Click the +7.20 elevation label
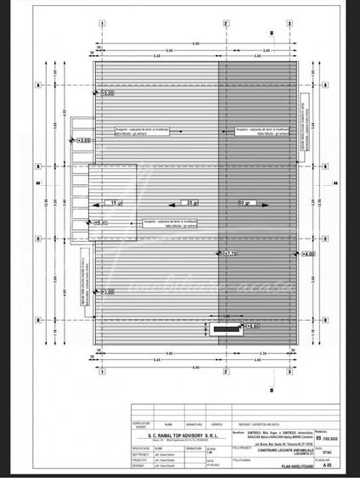[230, 254]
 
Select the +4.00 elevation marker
[307, 254]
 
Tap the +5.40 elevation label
[101, 222]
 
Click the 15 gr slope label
[116, 203]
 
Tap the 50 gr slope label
[245, 203]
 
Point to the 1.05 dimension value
[227, 317]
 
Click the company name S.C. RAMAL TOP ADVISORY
[179, 430]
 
